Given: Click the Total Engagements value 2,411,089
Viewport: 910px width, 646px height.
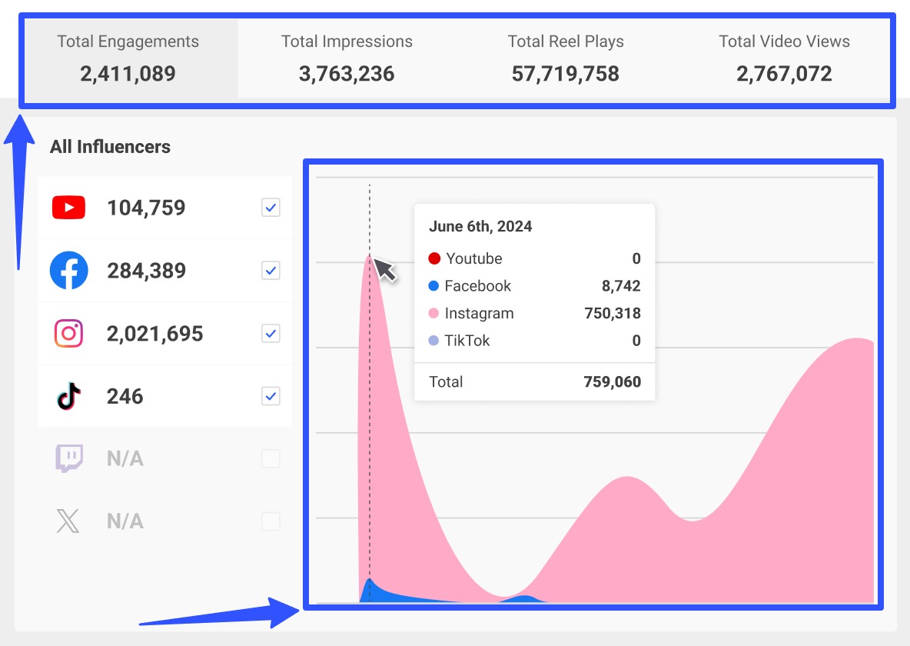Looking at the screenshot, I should point(128,74).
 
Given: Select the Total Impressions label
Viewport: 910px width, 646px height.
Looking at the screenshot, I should point(347,42).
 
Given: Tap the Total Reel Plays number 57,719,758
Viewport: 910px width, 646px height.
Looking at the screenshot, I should point(565,74).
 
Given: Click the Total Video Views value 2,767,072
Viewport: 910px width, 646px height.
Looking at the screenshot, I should point(784,74).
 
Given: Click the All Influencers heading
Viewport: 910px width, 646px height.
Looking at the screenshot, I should point(110,147).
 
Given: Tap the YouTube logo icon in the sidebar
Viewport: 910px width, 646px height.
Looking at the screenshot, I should point(68,208).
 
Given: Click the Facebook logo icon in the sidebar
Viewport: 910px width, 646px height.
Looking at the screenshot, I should point(68,271).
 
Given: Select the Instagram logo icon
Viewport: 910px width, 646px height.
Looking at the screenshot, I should point(68,334).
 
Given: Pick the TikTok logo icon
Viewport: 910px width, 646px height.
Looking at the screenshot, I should point(68,397).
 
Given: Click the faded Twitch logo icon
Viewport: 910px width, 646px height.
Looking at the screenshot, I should point(68,459).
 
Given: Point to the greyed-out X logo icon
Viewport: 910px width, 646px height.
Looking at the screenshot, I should point(68,521).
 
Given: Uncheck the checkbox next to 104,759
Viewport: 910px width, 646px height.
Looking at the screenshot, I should point(271,208).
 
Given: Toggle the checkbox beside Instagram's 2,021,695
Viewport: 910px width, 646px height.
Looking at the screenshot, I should point(271,334).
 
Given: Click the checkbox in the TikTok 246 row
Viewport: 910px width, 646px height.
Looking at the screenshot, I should point(271,397).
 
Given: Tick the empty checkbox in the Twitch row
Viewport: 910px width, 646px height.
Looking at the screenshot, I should point(271,459).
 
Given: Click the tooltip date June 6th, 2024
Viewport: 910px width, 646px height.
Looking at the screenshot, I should point(480,227).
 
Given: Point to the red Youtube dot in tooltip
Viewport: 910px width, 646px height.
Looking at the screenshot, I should point(434,258).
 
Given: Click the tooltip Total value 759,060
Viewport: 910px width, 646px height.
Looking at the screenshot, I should point(611,381).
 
